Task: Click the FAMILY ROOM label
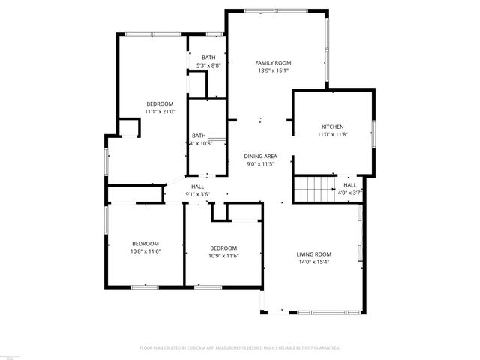(x=273, y=63)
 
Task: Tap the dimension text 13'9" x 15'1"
(x=273, y=70)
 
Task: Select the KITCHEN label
(x=332, y=127)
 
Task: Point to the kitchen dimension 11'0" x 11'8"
(x=332, y=134)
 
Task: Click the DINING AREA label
(x=261, y=156)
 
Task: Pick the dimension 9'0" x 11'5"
(x=261, y=163)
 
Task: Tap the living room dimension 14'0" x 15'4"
(x=313, y=262)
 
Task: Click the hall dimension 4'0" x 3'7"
(x=350, y=193)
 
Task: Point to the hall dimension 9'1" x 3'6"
(x=198, y=194)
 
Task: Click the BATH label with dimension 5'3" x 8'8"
(x=208, y=58)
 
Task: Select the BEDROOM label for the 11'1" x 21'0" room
(x=160, y=103)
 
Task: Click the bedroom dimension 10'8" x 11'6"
(x=146, y=251)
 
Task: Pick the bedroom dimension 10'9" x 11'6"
(x=223, y=256)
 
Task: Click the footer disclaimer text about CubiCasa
(x=240, y=348)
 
